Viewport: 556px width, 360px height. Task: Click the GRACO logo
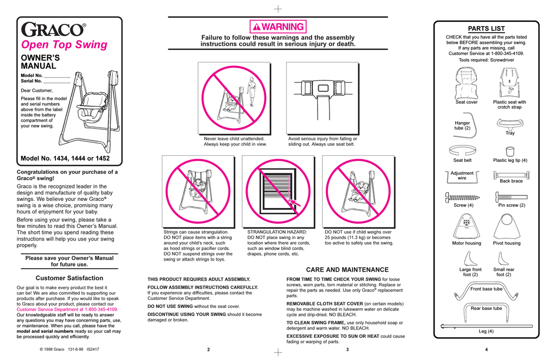coord(53,30)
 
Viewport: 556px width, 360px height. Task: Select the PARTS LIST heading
coord(486,29)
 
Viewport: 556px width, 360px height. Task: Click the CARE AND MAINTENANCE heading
coord(347,270)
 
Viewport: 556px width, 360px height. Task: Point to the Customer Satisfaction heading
coord(69,278)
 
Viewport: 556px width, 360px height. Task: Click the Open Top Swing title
coord(64,45)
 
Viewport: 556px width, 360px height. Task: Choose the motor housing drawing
coord(466,225)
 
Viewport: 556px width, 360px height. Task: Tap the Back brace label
coord(511,181)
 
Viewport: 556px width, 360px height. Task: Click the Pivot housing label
coord(506,243)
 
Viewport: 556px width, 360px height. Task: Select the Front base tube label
coord(486,289)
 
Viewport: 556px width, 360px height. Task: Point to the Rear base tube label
coord(486,308)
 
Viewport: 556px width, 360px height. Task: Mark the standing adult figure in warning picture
coord(251,91)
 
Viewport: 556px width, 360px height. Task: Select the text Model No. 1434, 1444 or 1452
coord(65,159)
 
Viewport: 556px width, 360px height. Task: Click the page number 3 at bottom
coord(347,350)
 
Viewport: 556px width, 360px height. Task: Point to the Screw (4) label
coord(463,205)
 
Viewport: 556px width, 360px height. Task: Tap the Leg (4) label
coord(486,331)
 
